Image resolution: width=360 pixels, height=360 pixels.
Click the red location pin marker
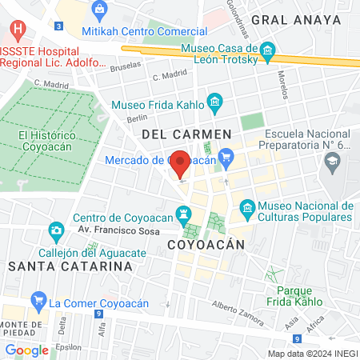click(x=181, y=163)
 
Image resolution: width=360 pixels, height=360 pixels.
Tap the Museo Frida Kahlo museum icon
click(x=214, y=102)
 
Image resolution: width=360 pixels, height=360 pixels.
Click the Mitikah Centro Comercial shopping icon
click(x=99, y=10)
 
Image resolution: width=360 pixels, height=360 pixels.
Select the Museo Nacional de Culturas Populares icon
click(x=247, y=209)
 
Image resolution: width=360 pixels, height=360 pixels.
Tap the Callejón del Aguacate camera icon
click(x=56, y=232)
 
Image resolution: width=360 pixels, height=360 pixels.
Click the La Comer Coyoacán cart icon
click(x=38, y=302)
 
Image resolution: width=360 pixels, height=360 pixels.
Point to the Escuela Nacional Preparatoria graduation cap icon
click(x=331, y=162)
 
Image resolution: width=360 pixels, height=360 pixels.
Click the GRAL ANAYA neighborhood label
click(x=291, y=18)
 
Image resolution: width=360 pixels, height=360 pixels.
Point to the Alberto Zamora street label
click(x=237, y=313)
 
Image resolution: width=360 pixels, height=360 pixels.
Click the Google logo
click(x=26, y=350)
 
